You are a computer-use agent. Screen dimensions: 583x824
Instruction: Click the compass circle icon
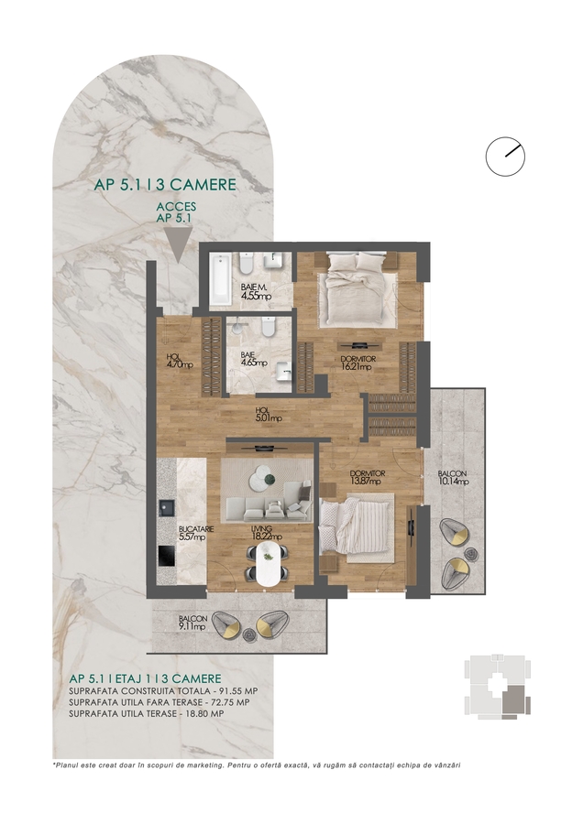coord(505,156)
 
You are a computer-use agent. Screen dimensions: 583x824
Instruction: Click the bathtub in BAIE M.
coord(219,280)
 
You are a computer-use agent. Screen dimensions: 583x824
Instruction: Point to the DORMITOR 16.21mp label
coord(357,363)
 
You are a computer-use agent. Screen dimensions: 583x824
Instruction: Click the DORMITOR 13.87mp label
coord(368,477)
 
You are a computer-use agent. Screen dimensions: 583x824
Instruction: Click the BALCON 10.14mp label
coord(453,477)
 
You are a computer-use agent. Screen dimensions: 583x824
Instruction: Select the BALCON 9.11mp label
coord(192,623)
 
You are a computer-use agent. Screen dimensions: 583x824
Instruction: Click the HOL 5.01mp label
coord(269,415)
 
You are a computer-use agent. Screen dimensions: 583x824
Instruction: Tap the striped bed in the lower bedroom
coord(357,528)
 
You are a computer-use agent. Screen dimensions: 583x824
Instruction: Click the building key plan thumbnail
coord(497,687)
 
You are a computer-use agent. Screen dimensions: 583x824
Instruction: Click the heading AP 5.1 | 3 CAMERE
coord(165,184)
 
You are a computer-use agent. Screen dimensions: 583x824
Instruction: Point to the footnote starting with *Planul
coord(257,765)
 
